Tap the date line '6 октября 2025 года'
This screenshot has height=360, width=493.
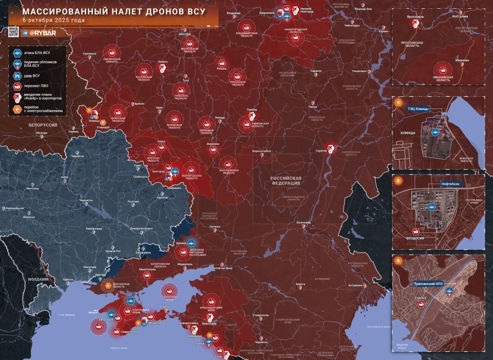tap(54, 20)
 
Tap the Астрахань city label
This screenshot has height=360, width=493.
tap(355, 285)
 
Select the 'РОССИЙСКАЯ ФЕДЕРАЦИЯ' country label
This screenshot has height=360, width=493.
tap(286, 180)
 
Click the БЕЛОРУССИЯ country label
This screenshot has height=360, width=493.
tap(42, 125)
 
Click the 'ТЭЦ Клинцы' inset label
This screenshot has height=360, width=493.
tap(418, 109)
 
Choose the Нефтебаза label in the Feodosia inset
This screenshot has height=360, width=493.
tap(453, 183)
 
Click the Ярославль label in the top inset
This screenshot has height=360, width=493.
tap(415, 16)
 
